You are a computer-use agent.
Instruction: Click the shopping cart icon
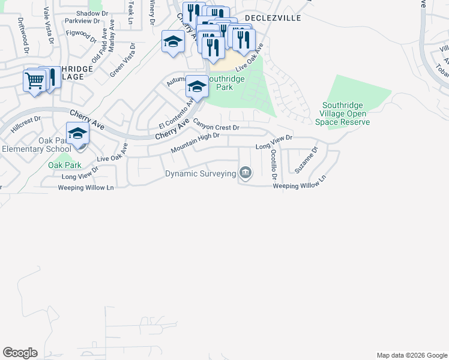click(x=34, y=80)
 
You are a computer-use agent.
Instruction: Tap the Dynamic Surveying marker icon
click(x=245, y=173)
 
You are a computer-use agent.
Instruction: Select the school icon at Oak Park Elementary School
click(x=77, y=134)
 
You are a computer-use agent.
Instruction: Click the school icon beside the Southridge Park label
click(x=196, y=87)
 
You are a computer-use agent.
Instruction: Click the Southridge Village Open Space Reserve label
click(x=342, y=113)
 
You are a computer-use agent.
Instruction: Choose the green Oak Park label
click(x=64, y=165)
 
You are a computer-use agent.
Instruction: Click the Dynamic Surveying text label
click(x=200, y=174)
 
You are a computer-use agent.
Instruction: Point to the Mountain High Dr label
click(x=195, y=143)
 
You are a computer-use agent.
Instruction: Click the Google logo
click(x=20, y=353)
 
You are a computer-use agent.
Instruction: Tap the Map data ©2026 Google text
click(x=412, y=355)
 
